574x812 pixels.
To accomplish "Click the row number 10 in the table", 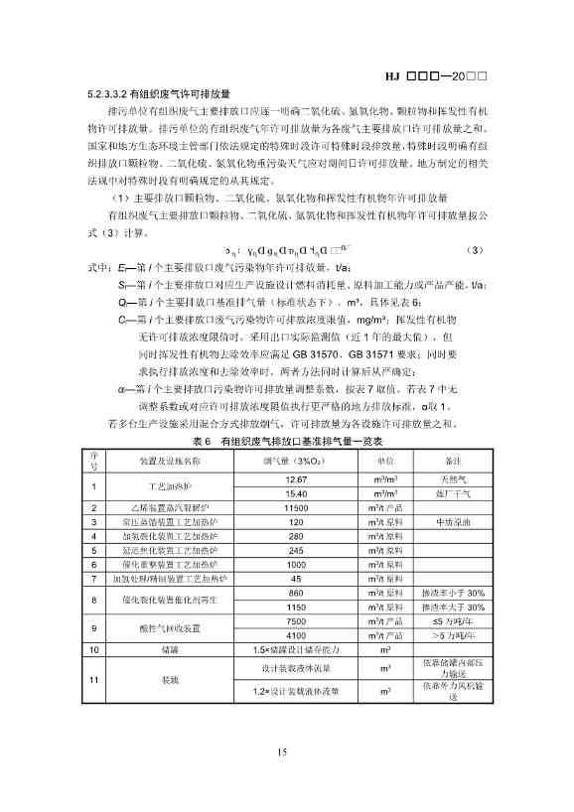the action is (x=93, y=649).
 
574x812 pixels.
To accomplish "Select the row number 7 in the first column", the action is (x=93, y=578).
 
